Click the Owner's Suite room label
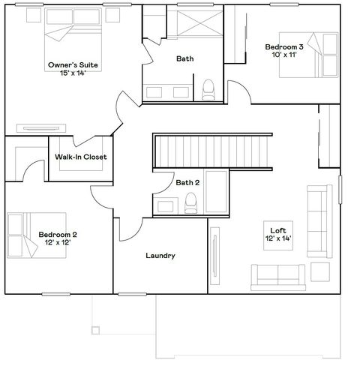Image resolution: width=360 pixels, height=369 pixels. click(x=73, y=65)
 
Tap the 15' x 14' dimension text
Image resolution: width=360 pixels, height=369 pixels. click(x=73, y=73)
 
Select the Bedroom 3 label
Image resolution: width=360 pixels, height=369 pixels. click(x=284, y=47)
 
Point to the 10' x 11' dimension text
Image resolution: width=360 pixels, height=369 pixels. click(x=283, y=55)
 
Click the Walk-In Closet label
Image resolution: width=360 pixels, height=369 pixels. click(x=81, y=157)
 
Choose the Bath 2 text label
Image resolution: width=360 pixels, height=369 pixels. click(x=187, y=182)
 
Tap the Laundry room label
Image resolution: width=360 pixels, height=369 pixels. click(x=160, y=256)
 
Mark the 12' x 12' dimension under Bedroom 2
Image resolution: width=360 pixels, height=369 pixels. click(x=58, y=243)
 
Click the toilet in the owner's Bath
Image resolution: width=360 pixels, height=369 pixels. click(x=209, y=88)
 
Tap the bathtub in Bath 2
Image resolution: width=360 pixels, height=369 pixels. click(x=217, y=193)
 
